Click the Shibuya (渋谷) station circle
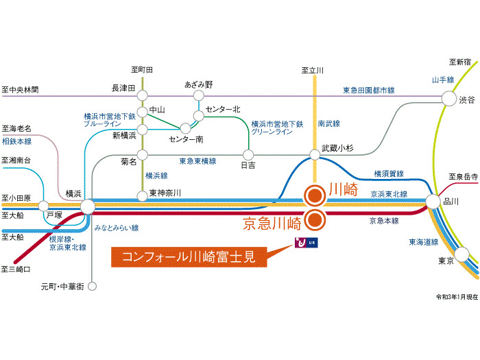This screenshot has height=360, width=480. [x=449, y=99]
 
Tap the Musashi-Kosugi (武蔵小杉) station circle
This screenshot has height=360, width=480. [x=315, y=154]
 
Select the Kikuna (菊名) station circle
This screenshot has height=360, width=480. [x=143, y=155]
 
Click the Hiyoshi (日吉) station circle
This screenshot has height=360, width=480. [x=248, y=155]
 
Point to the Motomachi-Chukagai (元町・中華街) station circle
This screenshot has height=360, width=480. [x=92, y=286]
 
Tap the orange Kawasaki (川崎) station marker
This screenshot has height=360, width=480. [x=315, y=195]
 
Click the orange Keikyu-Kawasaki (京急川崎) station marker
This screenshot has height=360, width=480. [x=315, y=220]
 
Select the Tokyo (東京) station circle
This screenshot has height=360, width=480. [x=461, y=254]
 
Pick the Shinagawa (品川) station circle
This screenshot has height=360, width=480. [x=433, y=202]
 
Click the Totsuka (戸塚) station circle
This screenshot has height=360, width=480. [x=43, y=206]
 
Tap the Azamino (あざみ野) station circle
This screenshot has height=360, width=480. [x=199, y=95]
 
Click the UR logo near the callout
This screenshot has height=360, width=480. [x=306, y=243]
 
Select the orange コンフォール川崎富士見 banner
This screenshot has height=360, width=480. [x=189, y=257]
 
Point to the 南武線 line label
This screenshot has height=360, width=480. [x=328, y=123]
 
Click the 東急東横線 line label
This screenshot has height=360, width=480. [x=197, y=161]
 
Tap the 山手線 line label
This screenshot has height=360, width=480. [x=443, y=80]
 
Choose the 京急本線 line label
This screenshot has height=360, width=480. [x=384, y=221]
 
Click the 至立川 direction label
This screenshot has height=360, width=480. [x=313, y=71]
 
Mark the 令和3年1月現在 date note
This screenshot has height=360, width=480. [x=457, y=297]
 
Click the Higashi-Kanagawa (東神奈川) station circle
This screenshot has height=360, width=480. [x=143, y=196]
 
